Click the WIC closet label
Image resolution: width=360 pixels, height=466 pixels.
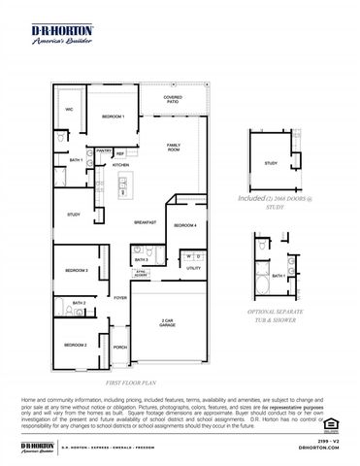[68, 110]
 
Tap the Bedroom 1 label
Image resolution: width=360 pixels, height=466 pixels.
[114, 117]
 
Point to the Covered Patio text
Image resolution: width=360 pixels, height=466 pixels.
[173, 99]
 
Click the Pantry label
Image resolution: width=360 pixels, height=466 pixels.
[101, 152]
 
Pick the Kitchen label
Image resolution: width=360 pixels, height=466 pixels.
[120, 166]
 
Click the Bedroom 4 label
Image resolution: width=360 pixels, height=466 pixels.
[185, 225]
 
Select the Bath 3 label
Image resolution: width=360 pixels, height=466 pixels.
[142, 259]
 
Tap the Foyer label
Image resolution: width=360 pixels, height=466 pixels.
[120, 298]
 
